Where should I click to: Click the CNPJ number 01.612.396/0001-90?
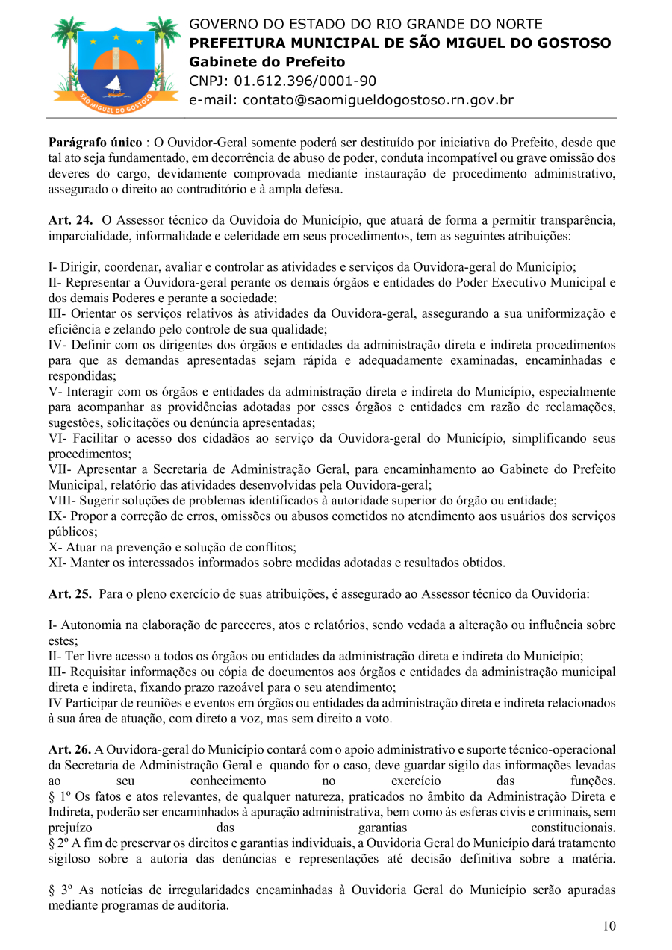point(305,81)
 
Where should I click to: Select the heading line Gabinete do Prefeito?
point(267,62)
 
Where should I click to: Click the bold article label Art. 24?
point(71,220)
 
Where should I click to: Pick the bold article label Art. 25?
point(71,594)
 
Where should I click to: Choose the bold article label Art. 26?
point(71,749)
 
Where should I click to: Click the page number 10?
point(609,926)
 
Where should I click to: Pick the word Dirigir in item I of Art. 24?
point(79,266)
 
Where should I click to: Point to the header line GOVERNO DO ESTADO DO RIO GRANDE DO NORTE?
point(366,25)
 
